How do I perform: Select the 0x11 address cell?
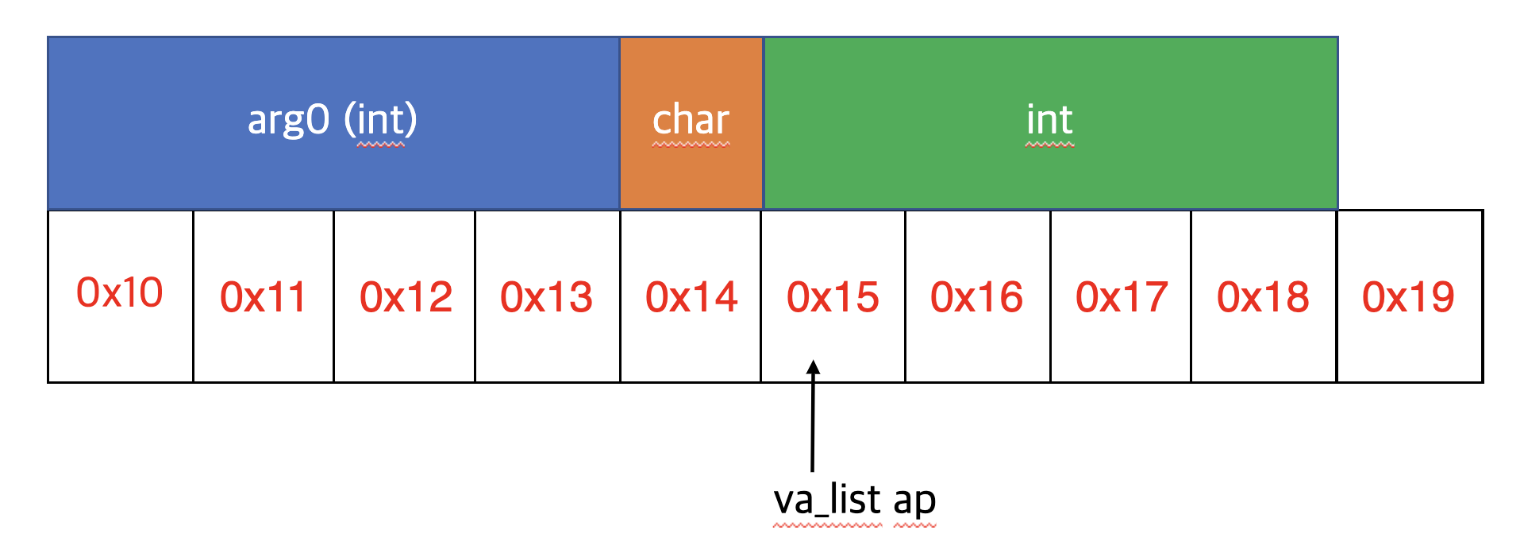(263, 297)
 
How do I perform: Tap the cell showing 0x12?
(405, 297)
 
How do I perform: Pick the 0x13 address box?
(547, 297)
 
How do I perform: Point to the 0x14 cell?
(691, 297)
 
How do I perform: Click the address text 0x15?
(833, 297)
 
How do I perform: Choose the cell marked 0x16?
(977, 297)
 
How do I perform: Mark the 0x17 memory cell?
(1121, 297)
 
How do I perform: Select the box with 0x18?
(1264, 297)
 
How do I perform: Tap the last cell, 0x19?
(1409, 297)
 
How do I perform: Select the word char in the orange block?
(691, 121)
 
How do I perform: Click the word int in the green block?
(1049, 121)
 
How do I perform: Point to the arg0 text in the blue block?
(288, 121)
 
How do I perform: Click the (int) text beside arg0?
(381, 121)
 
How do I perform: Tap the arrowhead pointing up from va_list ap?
(813, 368)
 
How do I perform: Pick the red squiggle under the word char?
(691, 145)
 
